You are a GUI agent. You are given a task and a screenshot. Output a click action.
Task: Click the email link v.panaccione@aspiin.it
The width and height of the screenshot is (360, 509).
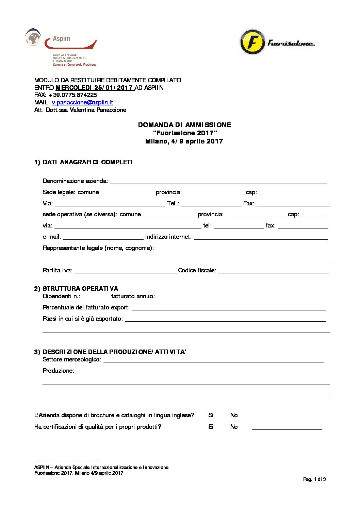pos(82,102)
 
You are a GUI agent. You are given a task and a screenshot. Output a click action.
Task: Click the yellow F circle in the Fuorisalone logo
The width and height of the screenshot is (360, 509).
pos(252,42)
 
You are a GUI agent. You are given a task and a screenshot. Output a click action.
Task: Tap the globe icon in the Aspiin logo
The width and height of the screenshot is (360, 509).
pos(33,38)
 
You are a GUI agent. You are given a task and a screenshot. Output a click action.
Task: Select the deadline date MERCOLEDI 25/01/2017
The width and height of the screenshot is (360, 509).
pos(95,88)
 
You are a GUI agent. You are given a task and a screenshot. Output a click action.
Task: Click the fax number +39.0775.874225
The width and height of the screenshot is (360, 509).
pos(72,95)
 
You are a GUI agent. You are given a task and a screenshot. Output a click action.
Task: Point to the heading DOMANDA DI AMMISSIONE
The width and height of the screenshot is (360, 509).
pos(184,125)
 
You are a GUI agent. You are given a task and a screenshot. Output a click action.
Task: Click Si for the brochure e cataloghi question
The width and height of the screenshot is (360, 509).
pos(211,415)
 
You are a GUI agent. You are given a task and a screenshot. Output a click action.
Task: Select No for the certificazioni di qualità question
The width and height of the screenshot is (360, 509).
pos(234,427)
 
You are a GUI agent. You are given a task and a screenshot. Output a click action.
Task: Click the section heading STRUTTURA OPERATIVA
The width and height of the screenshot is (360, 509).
pos(80,289)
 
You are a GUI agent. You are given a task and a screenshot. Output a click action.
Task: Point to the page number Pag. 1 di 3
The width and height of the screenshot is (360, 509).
pos(314,479)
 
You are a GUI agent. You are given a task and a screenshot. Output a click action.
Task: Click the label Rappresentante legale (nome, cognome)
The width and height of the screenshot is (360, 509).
pos(98,248)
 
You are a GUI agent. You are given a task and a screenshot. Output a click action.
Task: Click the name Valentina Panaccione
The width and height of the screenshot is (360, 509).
pos(98,110)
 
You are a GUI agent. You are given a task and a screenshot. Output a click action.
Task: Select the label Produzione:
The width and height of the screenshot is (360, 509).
pos(58,371)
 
